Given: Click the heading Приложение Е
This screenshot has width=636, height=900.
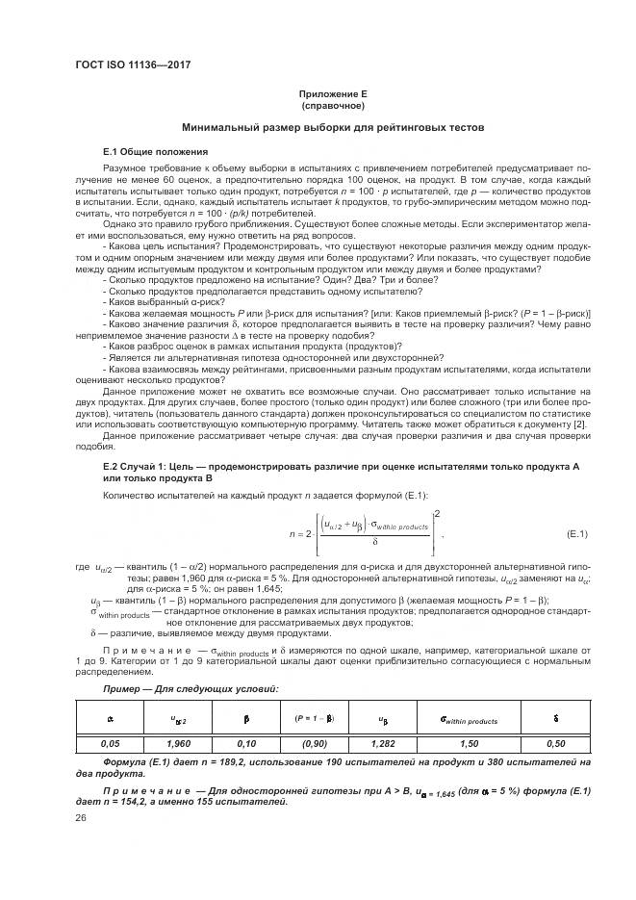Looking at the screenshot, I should (x=332, y=94).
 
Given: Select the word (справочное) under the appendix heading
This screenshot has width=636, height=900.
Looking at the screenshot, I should (x=332, y=106).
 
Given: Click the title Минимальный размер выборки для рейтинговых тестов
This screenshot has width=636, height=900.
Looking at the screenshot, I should (x=333, y=128).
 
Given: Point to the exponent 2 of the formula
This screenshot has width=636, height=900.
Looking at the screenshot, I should (x=438, y=514).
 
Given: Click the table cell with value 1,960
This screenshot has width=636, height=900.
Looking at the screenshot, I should (x=178, y=743).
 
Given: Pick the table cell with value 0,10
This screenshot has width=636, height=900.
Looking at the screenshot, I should (x=247, y=743).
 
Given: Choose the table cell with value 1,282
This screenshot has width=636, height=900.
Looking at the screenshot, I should (x=383, y=743).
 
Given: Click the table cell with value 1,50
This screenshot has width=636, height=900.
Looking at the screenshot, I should (x=468, y=743).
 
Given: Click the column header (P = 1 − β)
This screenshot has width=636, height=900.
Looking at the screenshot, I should (x=315, y=718).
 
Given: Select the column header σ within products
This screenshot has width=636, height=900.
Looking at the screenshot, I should (x=468, y=719).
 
